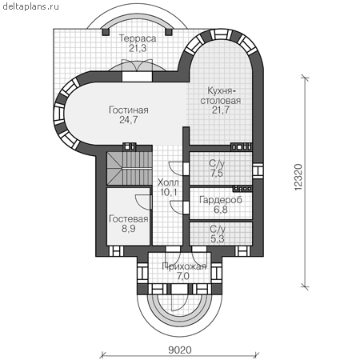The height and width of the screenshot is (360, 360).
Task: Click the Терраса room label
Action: [x=138, y=38]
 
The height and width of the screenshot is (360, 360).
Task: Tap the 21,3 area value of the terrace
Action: [x=138, y=49]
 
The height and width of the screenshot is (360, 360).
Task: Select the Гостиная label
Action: [x=129, y=110]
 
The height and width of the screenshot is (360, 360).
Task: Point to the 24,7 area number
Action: [x=129, y=120]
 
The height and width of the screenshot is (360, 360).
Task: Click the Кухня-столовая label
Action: [x=221, y=96]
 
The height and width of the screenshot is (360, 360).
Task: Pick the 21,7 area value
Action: [x=221, y=110]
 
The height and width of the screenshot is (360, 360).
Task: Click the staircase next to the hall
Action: [x=129, y=168]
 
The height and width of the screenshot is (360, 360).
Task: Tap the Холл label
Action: [x=168, y=182]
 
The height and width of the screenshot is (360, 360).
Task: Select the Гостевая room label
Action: [x=129, y=219]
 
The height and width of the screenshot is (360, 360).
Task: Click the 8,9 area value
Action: [x=129, y=229]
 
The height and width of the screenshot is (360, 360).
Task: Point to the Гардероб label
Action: [x=221, y=200]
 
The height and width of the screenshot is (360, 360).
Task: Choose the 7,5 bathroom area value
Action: [x=217, y=173]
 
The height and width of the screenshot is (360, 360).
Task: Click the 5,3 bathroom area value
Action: [x=218, y=239]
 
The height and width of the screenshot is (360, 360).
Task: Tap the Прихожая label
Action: [x=184, y=266]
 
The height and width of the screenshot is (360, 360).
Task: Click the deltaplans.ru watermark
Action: [x=31, y=6]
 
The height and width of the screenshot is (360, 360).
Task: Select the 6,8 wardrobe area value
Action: [x=221, y=210]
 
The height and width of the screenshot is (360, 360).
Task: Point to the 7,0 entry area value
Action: [x=183, y=276]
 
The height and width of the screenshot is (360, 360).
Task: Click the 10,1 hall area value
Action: [x=169, y=192]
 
